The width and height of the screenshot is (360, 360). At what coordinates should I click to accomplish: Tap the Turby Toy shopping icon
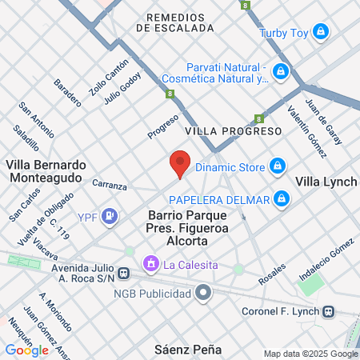point(321,32)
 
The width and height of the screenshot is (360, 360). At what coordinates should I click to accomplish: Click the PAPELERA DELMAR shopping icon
point(281,198)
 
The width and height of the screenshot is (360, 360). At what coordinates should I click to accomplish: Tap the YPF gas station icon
point(111,215)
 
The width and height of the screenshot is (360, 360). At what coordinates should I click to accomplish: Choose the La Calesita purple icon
point(150,263)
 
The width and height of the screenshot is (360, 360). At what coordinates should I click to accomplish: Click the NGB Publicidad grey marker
point(204,293)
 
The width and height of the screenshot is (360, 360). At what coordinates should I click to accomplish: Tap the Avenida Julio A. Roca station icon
point(122,274)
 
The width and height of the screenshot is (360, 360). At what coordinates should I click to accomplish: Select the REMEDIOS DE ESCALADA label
point(175,22)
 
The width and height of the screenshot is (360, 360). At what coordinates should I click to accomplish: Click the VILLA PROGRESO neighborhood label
point(233,130)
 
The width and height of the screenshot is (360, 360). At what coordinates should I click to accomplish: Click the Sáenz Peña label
point(187,350)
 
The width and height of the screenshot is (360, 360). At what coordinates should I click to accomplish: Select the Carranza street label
point(110,186)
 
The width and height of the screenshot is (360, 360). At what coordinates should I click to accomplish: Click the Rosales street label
point(273,275)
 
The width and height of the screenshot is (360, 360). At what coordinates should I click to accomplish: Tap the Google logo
point(26,350)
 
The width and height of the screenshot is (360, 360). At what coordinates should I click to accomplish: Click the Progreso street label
point(162,126)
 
